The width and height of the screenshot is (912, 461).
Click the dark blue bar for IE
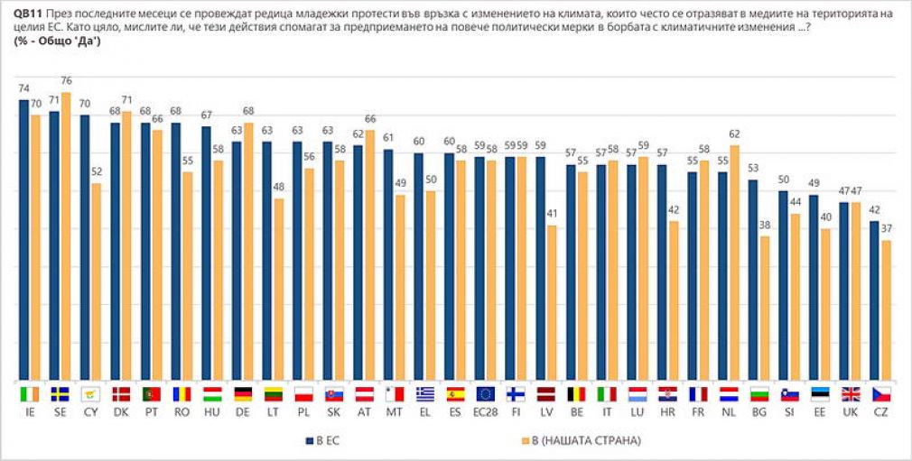[x=23, y=241]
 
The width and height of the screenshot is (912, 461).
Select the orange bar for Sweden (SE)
[x=66, y=237]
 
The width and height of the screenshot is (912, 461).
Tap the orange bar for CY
[x=96, y=283]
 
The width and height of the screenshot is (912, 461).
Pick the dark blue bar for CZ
[x=874, y=301]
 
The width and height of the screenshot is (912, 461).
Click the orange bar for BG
[x=765, y=309]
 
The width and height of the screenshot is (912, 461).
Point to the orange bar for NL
[x=734, y=264]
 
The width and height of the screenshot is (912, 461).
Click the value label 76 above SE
[x=66, y=81]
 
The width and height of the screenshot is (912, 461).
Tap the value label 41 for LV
[x=552, y=214]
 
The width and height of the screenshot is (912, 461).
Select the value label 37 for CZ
[x=886, y=229]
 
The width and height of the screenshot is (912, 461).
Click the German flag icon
[x=243, y=395]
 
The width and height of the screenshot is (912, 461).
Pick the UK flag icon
[x=851, y=395]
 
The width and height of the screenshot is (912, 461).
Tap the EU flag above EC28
[x=486, y=395]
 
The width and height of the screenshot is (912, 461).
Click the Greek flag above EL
[x=425, y=395]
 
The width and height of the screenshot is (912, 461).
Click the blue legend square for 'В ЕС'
[x=310, y=441]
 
